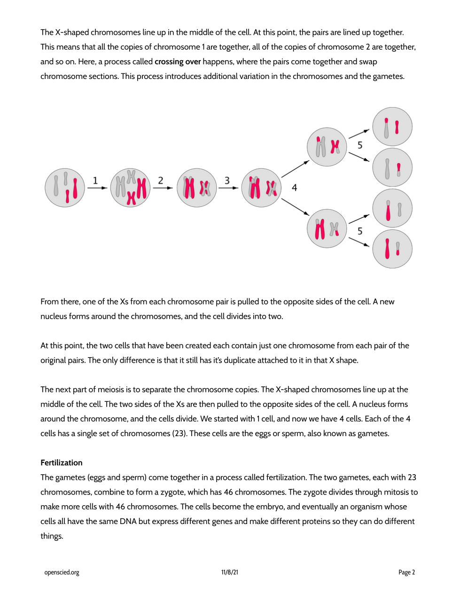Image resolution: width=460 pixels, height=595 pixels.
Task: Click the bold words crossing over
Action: (x=178, y=62)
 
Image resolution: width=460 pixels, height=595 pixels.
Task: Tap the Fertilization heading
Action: (x=61, y=462)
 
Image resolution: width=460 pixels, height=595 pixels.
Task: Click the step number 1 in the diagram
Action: (x=95, y=180)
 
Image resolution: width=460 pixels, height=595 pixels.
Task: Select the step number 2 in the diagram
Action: (x=161, y=180)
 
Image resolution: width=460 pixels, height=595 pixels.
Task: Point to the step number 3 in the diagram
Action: (x=227, y=180)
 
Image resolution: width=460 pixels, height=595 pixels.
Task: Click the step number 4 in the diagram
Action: (x=294, y=188)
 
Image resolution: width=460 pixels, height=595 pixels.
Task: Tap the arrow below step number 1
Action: (x=97, y=188)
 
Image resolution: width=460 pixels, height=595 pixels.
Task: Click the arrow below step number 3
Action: (x=228, y=188)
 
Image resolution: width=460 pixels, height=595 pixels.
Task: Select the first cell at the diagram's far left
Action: (x=65, y=188)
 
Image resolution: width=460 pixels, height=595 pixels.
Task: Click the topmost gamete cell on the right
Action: (x=392, y=127)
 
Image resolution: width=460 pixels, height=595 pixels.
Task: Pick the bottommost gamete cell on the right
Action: (x=392, y=249)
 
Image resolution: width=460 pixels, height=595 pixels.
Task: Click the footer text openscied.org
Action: (x=62, y=572)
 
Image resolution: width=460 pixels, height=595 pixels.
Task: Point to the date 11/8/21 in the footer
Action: (x=230, y=572)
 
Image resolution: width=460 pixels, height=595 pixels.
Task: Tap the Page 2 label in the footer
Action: (x=406, y=572)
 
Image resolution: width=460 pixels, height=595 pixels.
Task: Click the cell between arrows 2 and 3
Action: (x=196, y=188)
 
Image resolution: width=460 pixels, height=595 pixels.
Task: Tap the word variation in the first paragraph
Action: (x=252, y=76)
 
